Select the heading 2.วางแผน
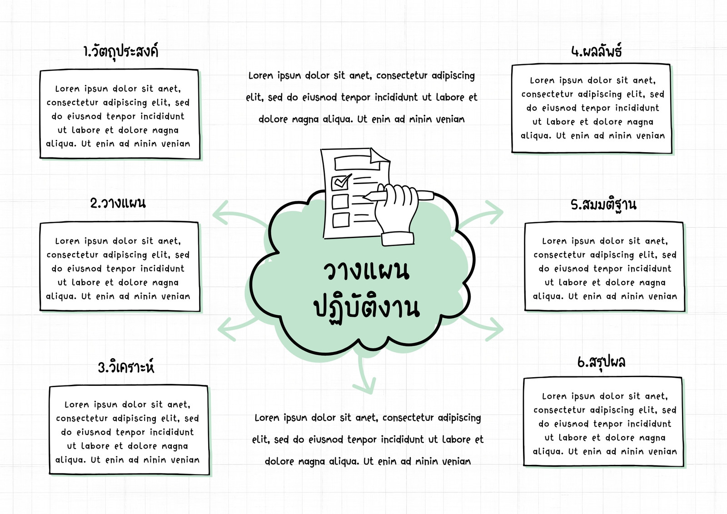coord(118,203)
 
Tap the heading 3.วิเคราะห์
coord(126,366)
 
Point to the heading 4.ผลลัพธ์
coord(597,51)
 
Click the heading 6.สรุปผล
coord(602,362)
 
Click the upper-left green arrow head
coord(221,213)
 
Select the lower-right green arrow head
coord(494,329)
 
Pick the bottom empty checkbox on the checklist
coord(340,220)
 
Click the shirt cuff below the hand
coord(398,239)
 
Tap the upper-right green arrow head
coord(494,212)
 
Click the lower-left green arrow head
coord(226,329)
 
